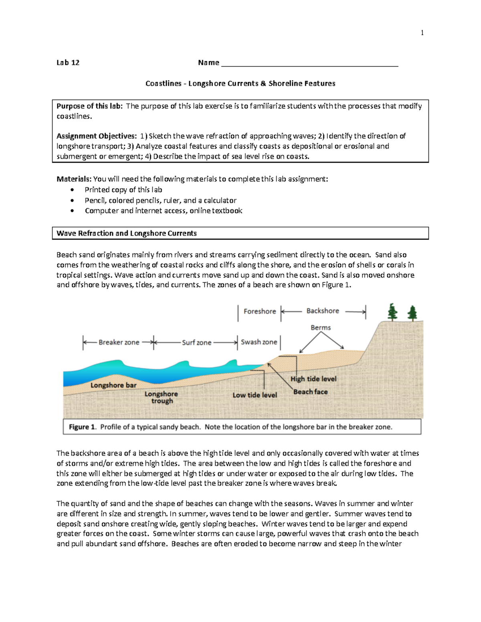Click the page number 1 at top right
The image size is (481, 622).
[x=422, y=33]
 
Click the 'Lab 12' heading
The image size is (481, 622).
[x=68, y=62]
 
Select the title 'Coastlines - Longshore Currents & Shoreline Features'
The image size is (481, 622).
[x=240, y=84]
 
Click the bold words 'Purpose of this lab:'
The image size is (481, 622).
[x=90, y=106]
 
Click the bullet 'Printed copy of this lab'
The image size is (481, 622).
[x=123, y=190]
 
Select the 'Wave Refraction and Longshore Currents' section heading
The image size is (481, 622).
[x=127, y=233]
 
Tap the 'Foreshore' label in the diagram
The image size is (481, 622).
[x=260, y=311]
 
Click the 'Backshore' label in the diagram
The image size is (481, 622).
[x=323, y=311]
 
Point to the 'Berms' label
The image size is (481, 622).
[x=321, y=328]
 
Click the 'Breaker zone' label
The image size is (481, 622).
[x=119, y=342]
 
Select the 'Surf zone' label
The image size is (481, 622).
[x=196, y=343]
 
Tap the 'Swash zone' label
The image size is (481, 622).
[x=259, y=342]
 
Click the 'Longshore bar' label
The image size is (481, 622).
[x=113, y=385]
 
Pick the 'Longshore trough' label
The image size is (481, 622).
[x=162, y=397]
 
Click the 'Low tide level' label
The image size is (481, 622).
[x=255, y=395]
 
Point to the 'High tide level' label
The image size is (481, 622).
[x=313, y=379]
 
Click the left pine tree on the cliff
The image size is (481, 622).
[x=393, y=312]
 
